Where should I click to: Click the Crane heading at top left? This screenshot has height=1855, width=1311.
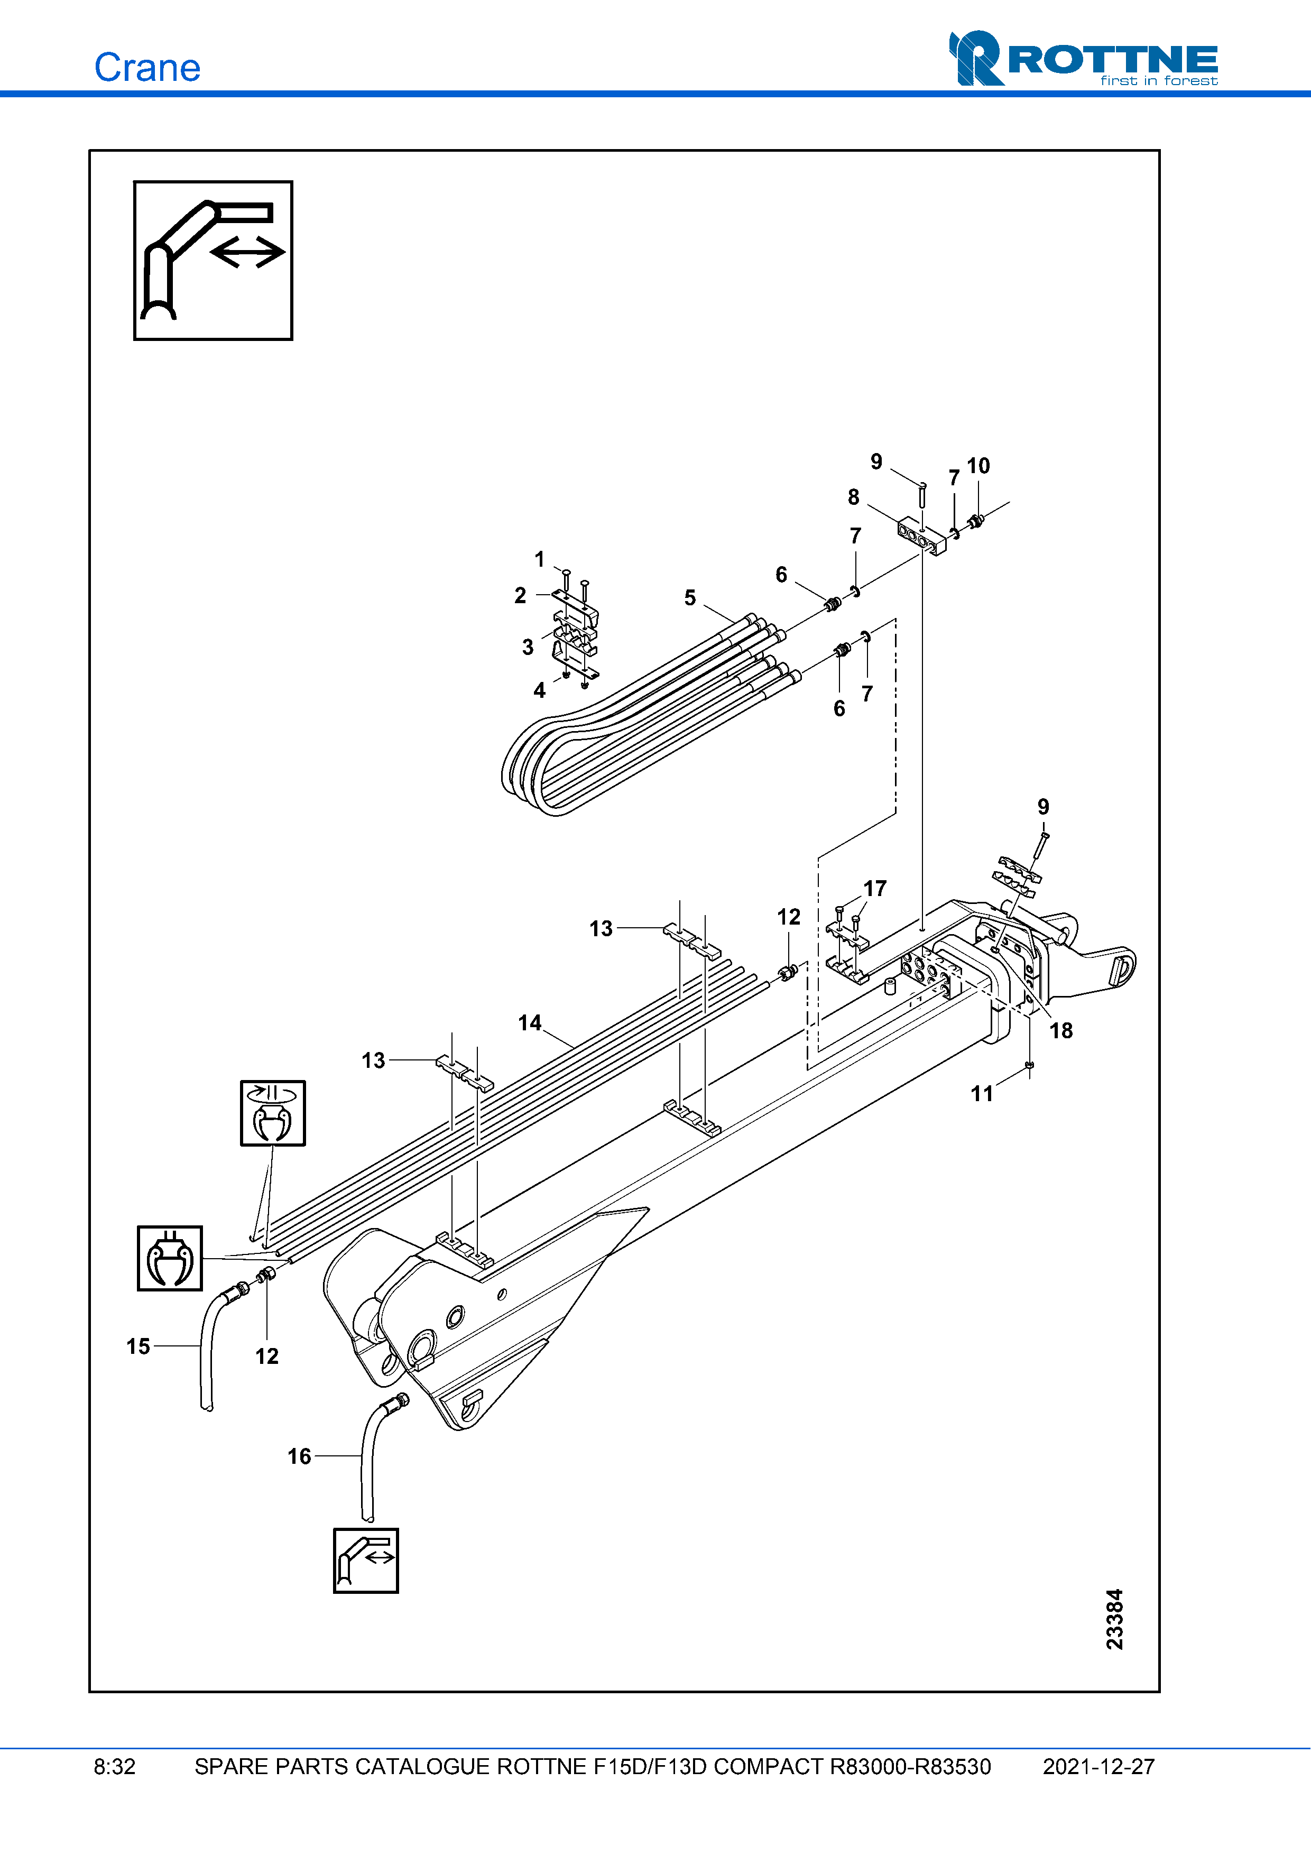pyautogui.click(x=147, y=67)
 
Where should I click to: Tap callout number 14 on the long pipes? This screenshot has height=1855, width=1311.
pyautogui.click(x=529, y=1023)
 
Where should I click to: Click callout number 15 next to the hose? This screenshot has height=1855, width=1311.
pyautogui.click(x=138, y=1346)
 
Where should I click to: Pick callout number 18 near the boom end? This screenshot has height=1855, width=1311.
pyautogui.click(x=1060, y=1030)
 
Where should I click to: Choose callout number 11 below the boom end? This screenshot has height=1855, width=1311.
pyautogui.click(x=982, y=1093)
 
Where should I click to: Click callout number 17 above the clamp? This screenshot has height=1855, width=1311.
pyautogui.click(x=875, y=889)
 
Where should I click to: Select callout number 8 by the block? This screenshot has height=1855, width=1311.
pyautogui.click(x=853, y=497)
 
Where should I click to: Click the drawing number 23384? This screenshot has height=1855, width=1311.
pyautogui.click(x=1114, y=1619)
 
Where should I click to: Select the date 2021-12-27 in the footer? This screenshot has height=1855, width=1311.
pyautogui.click(x=1098, y=1767)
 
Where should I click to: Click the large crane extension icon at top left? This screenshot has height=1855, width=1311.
pyautogui.click(x=213, y=260)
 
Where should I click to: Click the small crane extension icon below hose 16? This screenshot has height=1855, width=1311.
pyautogui.click(x=366, y=1560)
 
